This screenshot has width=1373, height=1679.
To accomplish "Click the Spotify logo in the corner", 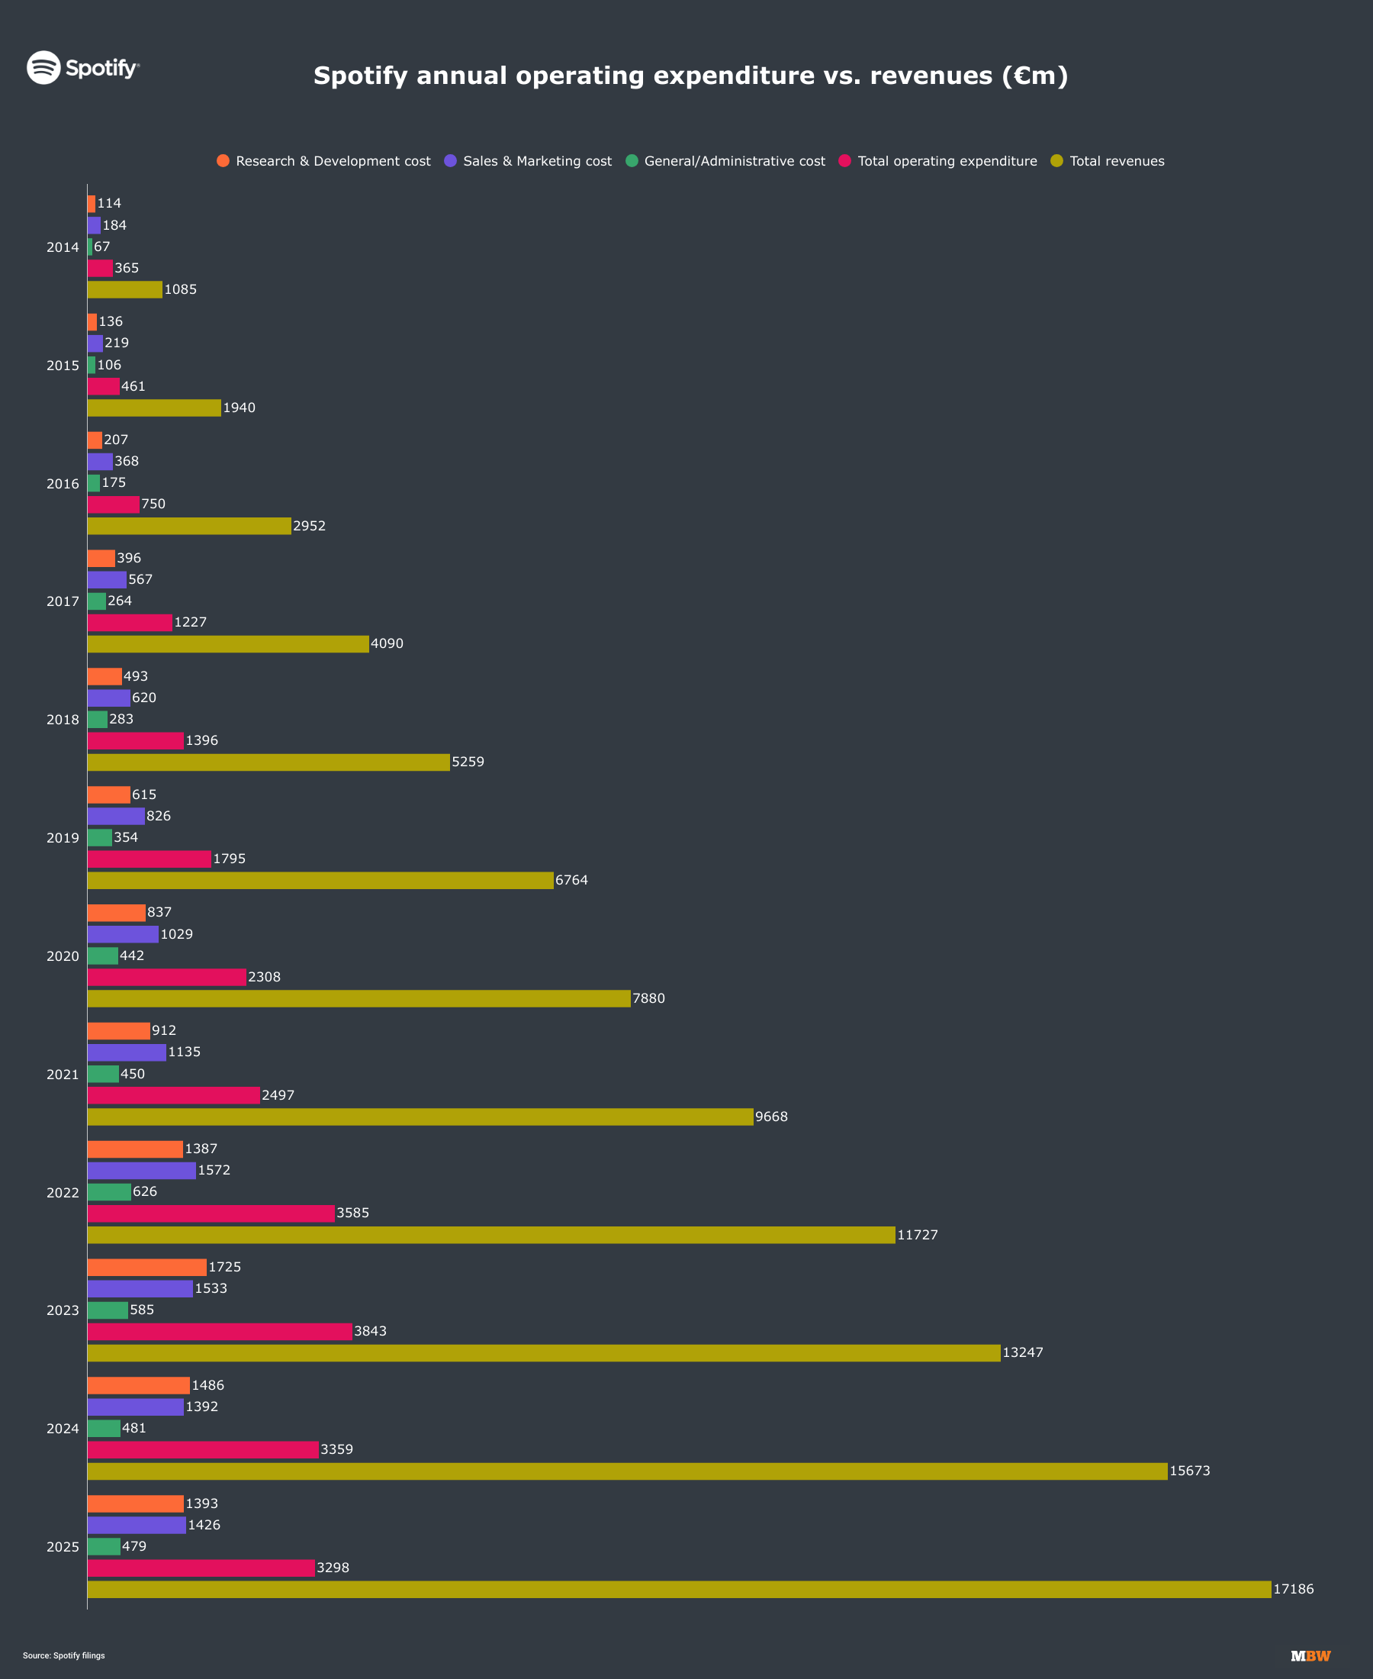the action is (83, 67).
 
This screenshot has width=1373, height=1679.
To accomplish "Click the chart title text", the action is (690, 76).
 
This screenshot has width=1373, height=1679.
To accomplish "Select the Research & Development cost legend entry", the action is (323, 160).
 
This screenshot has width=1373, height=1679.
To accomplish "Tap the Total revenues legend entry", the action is (1108, 160).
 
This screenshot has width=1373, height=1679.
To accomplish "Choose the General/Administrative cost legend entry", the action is (725, 160).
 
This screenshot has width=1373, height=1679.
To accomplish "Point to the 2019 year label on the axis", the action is (63, 837).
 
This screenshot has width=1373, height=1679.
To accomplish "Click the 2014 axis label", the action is (63, 247).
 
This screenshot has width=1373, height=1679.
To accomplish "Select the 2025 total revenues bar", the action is (680, 1589).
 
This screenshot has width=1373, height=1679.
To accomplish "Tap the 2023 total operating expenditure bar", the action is (220, 1331).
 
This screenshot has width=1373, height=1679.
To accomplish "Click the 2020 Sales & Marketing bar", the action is (124, 933).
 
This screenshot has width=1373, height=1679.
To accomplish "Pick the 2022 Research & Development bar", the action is (135, 1148).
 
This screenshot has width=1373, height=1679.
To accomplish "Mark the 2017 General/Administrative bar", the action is (96, 601).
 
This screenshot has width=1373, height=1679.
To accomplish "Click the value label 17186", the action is (1293, 1589).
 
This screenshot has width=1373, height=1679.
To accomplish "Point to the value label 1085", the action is (180, 289).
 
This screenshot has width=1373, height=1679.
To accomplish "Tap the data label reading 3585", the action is (352, 1213).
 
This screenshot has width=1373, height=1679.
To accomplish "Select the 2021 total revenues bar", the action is (421, 1117).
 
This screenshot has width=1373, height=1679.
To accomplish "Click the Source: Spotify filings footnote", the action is (64, 1655).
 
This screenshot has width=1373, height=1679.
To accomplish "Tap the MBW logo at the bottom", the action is (1310, 1656).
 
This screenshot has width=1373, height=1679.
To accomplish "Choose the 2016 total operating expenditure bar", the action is (114, 504).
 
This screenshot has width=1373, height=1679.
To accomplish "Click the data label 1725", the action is (224, 1267).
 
